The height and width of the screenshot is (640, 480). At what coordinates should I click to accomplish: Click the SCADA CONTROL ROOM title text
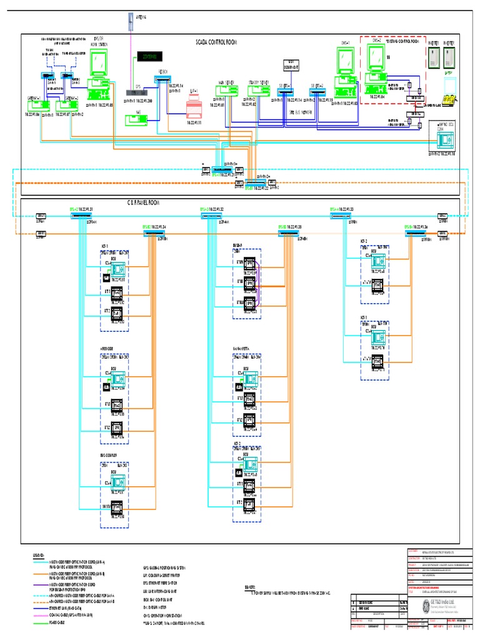(222, 42)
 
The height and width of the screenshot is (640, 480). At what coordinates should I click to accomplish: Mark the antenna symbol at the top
(130, 22)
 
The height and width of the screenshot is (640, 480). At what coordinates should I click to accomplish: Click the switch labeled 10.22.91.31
(81, 216)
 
